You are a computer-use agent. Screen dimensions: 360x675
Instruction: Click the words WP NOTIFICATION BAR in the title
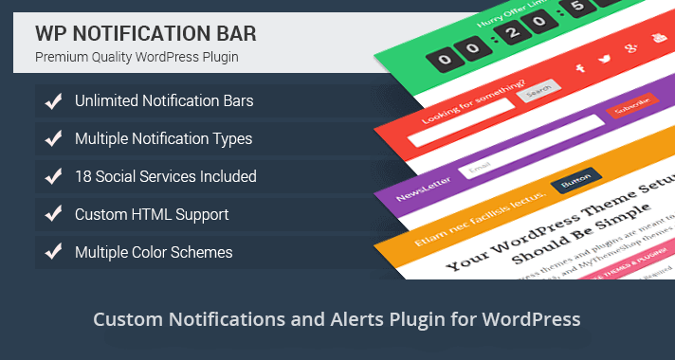pyautogui.click(x=145, y=32)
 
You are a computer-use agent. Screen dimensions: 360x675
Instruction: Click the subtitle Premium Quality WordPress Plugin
pyautogui.click(x=137, y=57)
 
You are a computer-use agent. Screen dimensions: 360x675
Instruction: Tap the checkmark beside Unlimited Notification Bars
pyautogui.click(x=54, y=100)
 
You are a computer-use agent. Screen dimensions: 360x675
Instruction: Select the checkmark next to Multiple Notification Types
pyautogui.click(x=54, y=138)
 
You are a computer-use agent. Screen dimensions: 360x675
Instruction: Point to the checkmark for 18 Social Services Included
pyautogui.click(x=54, y=176)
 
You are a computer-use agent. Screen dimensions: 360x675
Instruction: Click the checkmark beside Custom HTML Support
pyautogui.click(x=54, y=214)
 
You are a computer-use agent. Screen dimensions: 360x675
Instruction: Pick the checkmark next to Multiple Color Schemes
pyautogui.click(x=54, y=252)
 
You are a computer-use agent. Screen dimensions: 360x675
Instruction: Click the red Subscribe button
pyautogui.click(x=627, y=111)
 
